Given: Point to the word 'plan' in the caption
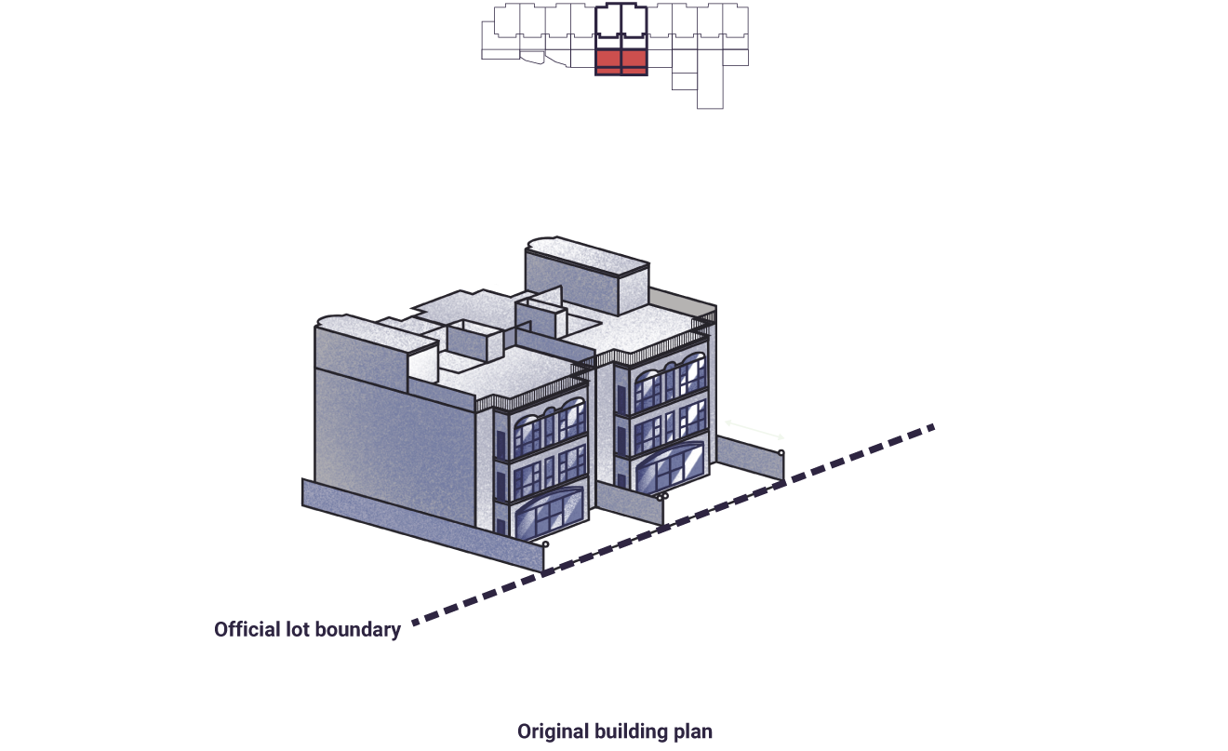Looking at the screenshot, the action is [x=693, y=732].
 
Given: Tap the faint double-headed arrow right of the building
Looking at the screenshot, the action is [x=754, y=430].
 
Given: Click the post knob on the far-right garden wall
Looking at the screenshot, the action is [x=781, y=453].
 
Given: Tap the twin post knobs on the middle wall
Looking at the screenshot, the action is [x=662, y=497].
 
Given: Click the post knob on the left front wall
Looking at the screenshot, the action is [x=545, y=544].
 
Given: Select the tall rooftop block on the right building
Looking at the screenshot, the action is [x=587, y=276].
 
